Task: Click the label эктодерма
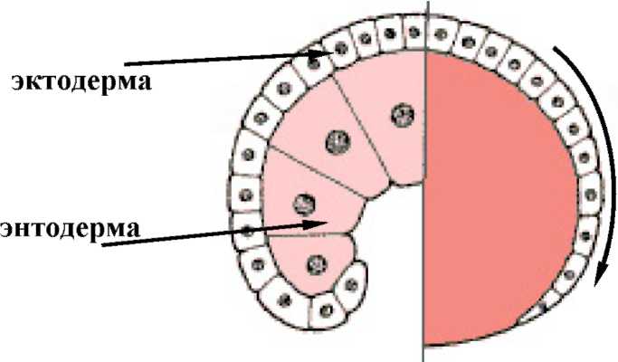(80, 81)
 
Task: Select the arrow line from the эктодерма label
(217, 59)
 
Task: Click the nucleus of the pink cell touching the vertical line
(401, 115)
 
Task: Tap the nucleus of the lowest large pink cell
(316, 264)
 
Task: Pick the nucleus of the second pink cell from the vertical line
(338, 141)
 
